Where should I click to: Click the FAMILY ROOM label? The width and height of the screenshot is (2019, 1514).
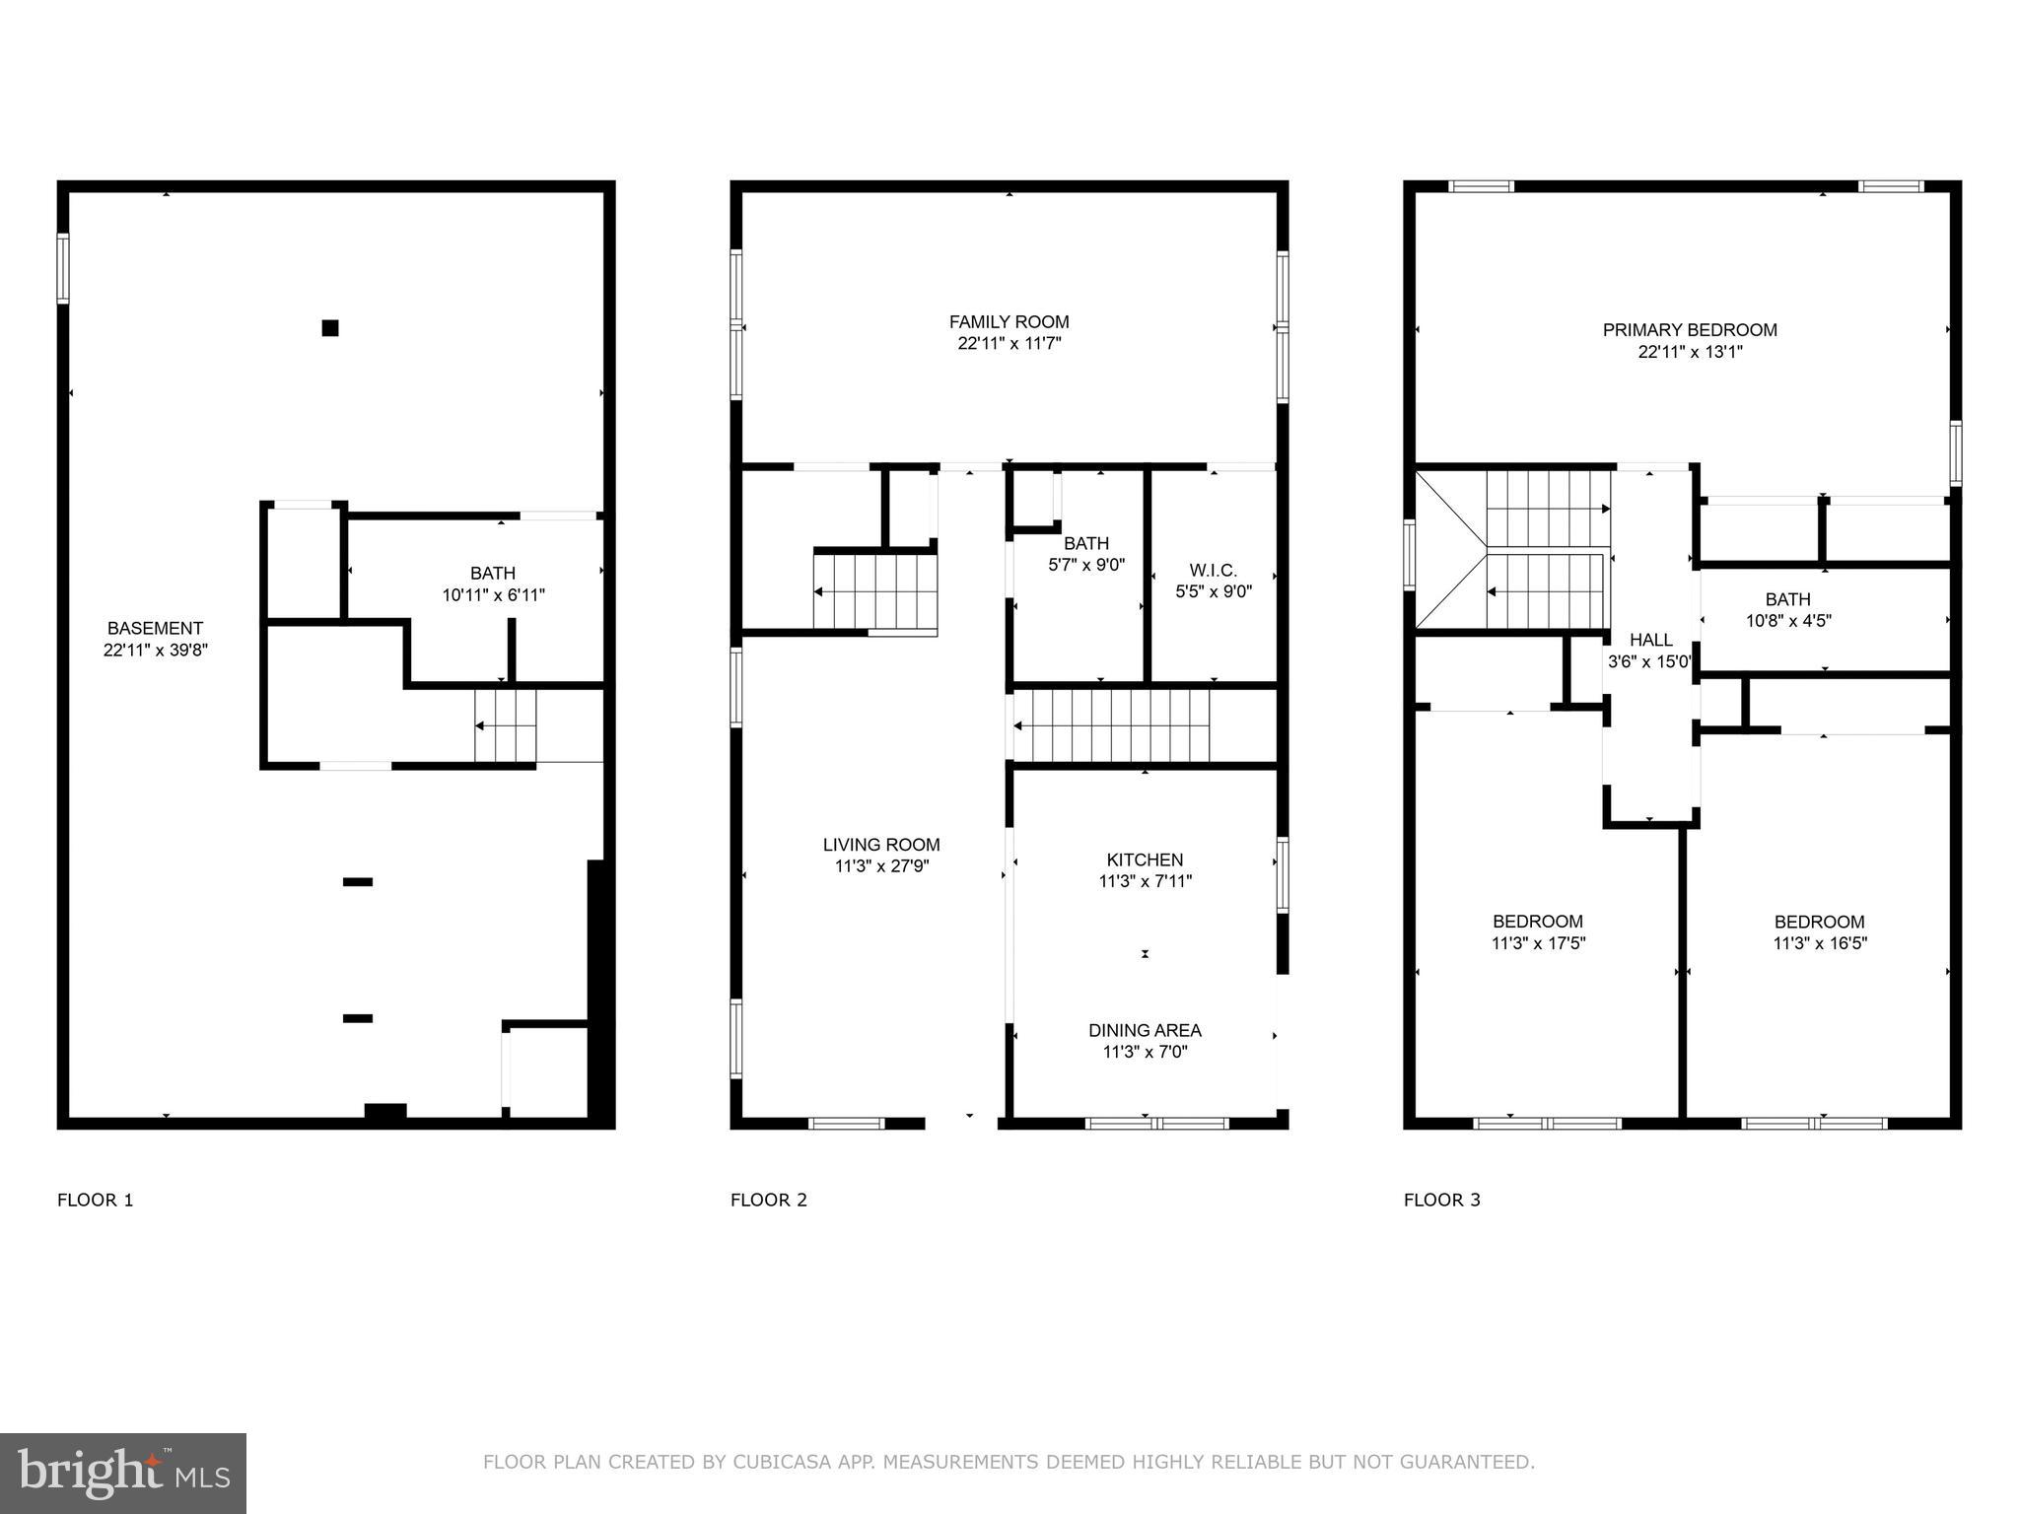coord(1009,322)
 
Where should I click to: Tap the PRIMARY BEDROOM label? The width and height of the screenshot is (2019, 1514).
coord(1690,330)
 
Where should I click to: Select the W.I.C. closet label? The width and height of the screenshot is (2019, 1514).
coord(1213,571)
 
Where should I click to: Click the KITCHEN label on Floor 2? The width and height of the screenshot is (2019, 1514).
coord(1145,860)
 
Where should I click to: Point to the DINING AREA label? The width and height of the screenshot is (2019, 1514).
coord(1145,1031)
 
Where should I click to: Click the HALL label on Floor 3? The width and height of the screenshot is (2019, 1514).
coord(1650,641)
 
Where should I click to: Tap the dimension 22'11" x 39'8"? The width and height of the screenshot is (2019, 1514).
coord(156,651)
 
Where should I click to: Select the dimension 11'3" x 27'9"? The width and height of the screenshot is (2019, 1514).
coord(881,866)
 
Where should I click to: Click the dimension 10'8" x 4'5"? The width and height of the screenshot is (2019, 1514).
coord(1788,621)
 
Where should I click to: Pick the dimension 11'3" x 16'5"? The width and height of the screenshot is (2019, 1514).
coord(1820,943)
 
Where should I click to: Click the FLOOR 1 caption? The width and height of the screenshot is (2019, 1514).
coord(95,1200)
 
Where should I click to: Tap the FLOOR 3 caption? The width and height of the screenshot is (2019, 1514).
coord(1441,1200)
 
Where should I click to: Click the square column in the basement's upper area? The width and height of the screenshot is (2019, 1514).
coord(330,328)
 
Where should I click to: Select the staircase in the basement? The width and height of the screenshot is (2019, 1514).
coord(505,726)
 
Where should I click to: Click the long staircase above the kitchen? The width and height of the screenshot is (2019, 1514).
coord(1112,725)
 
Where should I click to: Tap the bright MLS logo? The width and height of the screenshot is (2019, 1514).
coord(123,1473)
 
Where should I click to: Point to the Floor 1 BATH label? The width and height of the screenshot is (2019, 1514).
coord(493,574)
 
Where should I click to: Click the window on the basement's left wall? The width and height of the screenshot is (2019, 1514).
coord(63,267)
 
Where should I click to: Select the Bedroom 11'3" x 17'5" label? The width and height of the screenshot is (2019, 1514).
coord(1538,923)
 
